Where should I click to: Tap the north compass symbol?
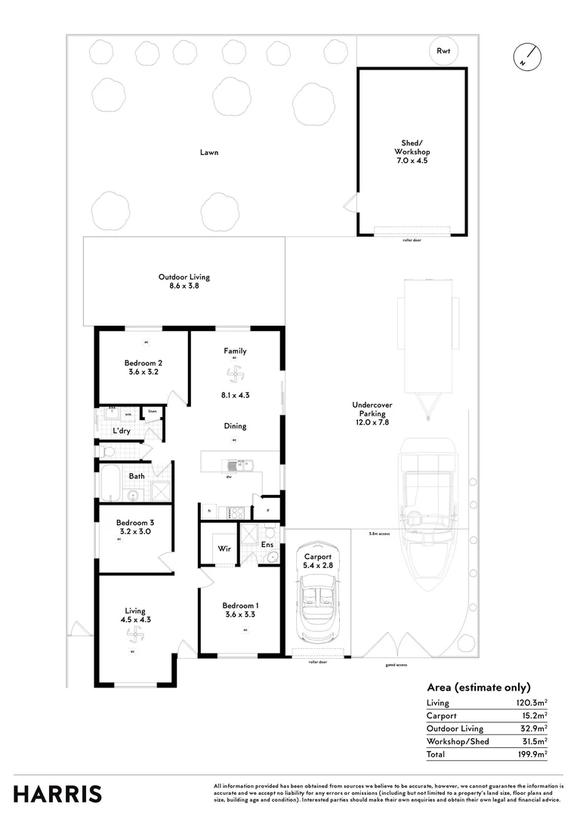[528, 57]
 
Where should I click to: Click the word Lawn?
[209, 153]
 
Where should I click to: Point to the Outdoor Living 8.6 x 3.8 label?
[184, 281]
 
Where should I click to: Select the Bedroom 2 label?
[143, 363]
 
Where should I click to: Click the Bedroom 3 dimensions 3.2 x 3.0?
[135, 531]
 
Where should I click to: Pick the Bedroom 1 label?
[241, 606]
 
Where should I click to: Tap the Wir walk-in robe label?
[224, 549]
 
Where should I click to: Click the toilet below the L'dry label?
[110, 452]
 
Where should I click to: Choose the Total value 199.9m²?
[532, 754]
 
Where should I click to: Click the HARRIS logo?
[57, 794]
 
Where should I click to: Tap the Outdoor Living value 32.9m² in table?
[532, 728]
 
